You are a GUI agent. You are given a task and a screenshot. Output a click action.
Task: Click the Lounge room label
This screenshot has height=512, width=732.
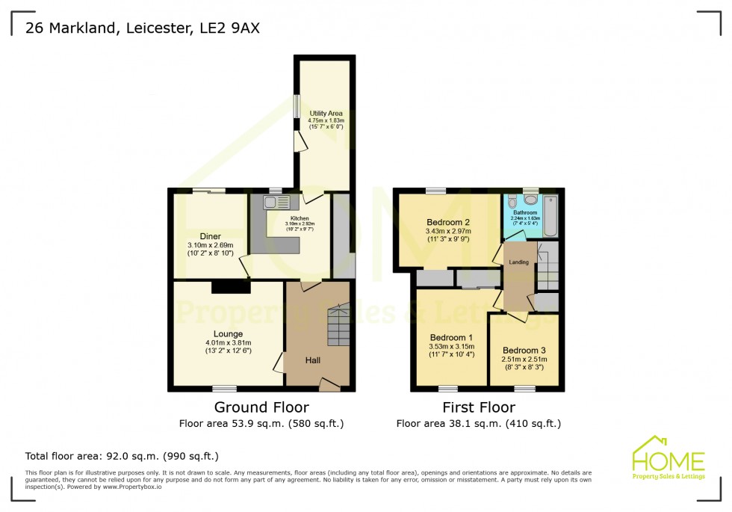[228, 334]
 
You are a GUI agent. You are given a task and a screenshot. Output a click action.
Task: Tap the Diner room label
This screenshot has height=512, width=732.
[210, 236]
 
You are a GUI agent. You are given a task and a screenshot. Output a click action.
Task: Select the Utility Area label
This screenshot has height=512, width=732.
[326, 114]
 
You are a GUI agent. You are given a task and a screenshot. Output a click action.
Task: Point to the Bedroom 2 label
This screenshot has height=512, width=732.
[447, 222]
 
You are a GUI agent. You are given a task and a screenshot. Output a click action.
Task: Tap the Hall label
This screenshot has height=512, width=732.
[313, 360]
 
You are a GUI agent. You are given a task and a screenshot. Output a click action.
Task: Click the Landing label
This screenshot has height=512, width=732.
[518, 262]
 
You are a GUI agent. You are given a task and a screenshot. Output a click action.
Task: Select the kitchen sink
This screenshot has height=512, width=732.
[270, 202]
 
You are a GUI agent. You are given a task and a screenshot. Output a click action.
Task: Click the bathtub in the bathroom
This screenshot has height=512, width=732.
[550, 213]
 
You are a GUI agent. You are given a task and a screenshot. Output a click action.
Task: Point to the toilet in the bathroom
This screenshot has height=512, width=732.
[531, 200]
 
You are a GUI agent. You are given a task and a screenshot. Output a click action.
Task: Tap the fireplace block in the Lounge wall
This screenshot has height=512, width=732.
[230, 286]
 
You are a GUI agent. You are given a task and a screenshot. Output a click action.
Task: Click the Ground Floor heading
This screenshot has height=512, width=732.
[261, 407]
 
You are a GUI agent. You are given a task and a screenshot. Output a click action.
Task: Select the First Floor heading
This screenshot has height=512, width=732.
[478, 407]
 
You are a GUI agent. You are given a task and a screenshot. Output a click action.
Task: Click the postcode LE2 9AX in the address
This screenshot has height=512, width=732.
[232, 28]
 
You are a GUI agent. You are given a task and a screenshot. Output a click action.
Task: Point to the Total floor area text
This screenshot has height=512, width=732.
[122, 455]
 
